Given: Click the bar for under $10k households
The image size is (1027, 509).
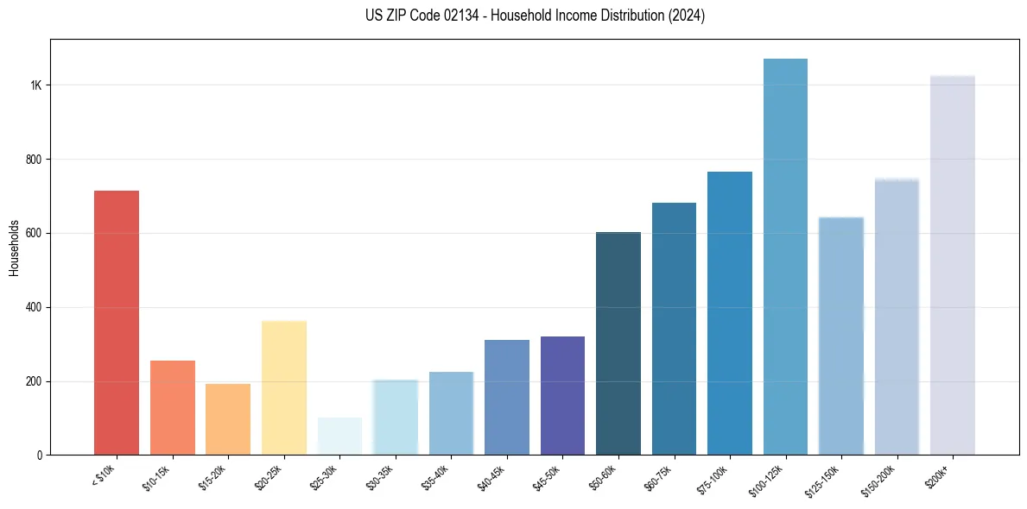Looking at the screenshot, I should point(116,323).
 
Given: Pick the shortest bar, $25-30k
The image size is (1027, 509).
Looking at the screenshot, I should point(339,437).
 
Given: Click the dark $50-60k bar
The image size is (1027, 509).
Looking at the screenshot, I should point(618,343).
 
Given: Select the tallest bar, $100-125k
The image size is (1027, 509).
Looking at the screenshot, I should point(785,256).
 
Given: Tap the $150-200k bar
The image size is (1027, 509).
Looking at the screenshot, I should point(897,317).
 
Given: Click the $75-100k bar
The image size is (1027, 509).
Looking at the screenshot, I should point(730,313).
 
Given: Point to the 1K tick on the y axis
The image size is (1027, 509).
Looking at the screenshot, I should point(36,85).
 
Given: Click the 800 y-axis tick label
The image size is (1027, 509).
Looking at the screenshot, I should point(35,160).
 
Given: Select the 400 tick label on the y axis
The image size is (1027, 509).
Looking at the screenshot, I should point(35,307).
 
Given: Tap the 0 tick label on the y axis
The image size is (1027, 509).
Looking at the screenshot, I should point(40,455).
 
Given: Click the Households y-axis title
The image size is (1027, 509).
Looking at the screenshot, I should point(14,248).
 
